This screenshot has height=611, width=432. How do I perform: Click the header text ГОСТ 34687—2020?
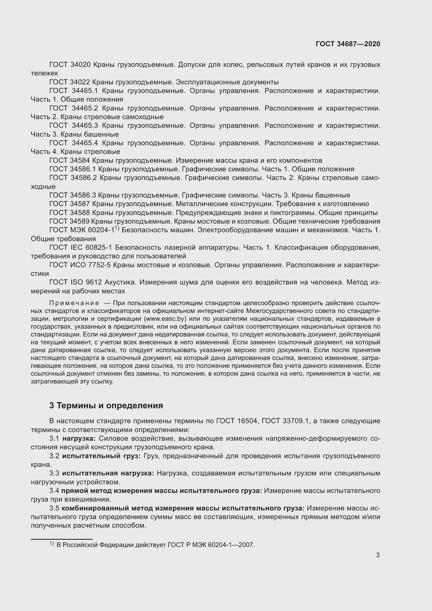click(348, 44)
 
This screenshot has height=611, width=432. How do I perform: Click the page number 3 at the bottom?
click(378, 555)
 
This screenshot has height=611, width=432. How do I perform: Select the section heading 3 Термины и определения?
click(106, 406)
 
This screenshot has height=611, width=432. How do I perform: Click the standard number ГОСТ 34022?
click(70, 82)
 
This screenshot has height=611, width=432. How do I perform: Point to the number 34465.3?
click(85, 126)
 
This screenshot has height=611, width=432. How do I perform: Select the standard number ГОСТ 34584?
click(70, 160)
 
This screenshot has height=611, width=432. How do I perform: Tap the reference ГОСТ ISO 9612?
click(75, 282)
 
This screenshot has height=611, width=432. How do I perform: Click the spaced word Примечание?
click(74, 303)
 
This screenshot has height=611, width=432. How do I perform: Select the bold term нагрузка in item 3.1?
click(79, 438)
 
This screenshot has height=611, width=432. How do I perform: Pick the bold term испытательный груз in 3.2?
click(101, 456)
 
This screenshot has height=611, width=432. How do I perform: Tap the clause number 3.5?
click(54, 508)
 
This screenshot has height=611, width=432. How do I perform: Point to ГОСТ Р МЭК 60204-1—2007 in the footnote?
click(211, 545)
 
